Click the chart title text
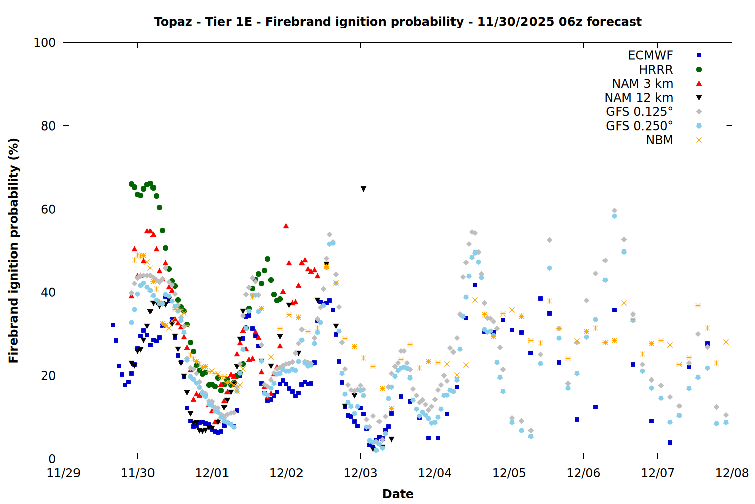click(398, 22)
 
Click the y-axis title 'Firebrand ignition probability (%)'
click(13, 250)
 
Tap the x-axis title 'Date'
click(398, 494)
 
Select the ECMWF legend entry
click(650, 55)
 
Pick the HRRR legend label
click(656, 70)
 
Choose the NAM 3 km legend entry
click(642, 84)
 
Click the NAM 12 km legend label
click(639, 98)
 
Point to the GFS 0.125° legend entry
click(639, 112)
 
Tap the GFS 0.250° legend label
click(639, 126)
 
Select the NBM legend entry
click(659, 140)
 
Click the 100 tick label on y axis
click(44, 43)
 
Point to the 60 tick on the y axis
click(48, 209)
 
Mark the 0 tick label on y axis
click(52, 459)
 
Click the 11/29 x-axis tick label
click(63, 473)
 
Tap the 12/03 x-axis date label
click(360, 473)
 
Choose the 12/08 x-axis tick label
click(732, 473)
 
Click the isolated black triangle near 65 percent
click(363, 189)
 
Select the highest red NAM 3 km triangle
click(286, 226)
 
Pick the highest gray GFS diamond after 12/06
click(614, 210)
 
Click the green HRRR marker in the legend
click(699, 70)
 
